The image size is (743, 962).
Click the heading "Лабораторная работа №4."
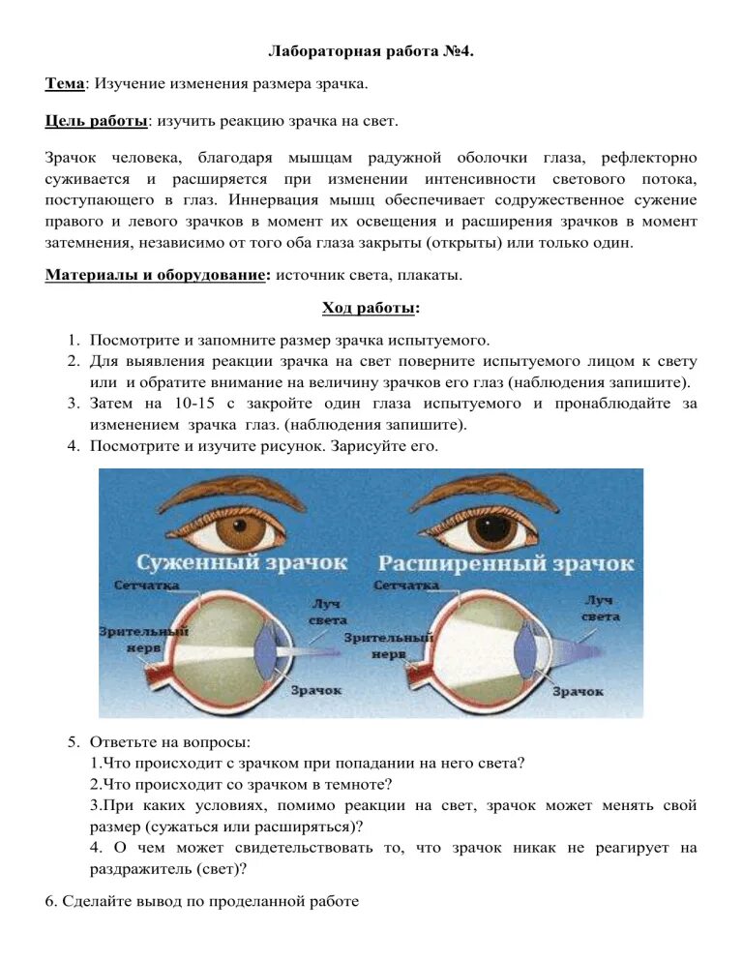point(371,49)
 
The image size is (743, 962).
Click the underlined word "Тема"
point(65,84)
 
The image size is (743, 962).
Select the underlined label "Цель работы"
point(96,121)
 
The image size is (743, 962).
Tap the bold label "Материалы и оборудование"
point(156,275)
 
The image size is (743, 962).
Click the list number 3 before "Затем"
point(73,403)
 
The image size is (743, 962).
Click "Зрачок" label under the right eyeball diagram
point(578,691)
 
